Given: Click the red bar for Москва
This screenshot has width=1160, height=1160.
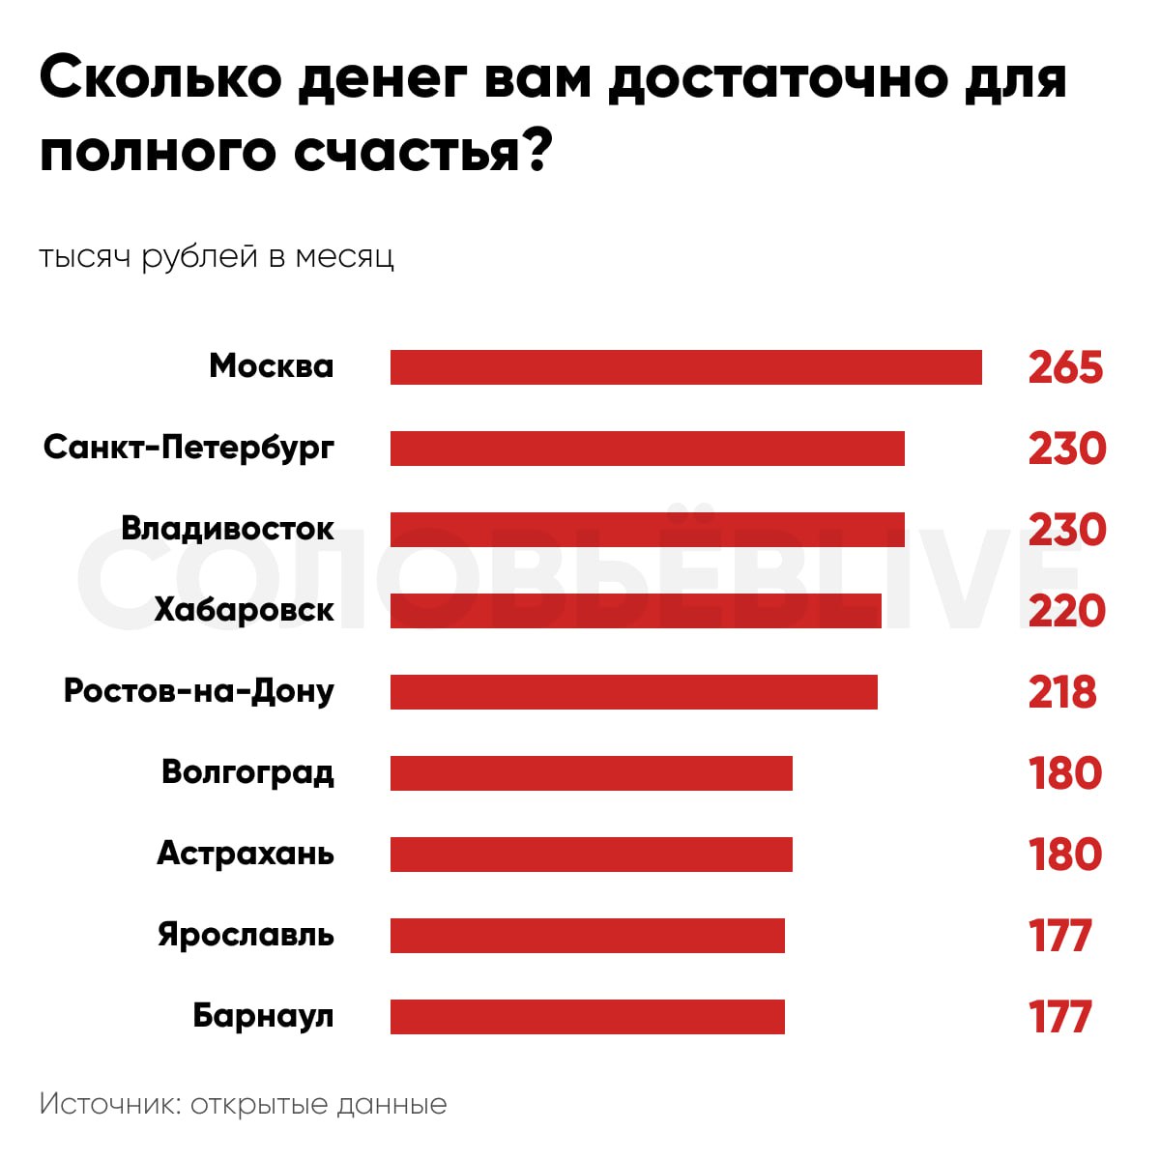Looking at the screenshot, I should [685, 367].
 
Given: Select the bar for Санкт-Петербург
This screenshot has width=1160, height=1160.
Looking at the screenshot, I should [647, 449].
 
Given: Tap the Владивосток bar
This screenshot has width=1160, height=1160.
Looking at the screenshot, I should [647, 530].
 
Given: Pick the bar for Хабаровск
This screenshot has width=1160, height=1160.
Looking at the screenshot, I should [635, 611].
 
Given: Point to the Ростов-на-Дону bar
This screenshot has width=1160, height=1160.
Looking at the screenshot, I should [633, 692].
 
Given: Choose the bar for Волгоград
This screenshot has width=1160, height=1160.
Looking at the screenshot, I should [591, 773].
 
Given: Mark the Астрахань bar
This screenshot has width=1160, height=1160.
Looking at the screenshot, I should [591, 855].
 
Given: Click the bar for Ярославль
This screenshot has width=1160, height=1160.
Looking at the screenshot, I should [587, 936].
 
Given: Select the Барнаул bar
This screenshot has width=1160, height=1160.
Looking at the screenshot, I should [587, 1017].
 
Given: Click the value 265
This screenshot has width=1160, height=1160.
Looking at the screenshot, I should [1065, 368].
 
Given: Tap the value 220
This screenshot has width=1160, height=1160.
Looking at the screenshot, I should [1066, 611].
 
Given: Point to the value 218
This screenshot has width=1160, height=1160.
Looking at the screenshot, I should [1062, 692].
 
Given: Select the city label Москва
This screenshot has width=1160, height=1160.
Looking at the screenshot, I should [271, 366].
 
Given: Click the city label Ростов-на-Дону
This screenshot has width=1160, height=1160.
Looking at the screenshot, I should [199, 692].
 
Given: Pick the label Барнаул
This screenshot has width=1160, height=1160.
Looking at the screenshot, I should [263, 1016].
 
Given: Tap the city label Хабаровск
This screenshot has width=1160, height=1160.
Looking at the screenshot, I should [244, 610].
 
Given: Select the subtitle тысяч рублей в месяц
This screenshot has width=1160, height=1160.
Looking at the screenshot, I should [217, 257].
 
